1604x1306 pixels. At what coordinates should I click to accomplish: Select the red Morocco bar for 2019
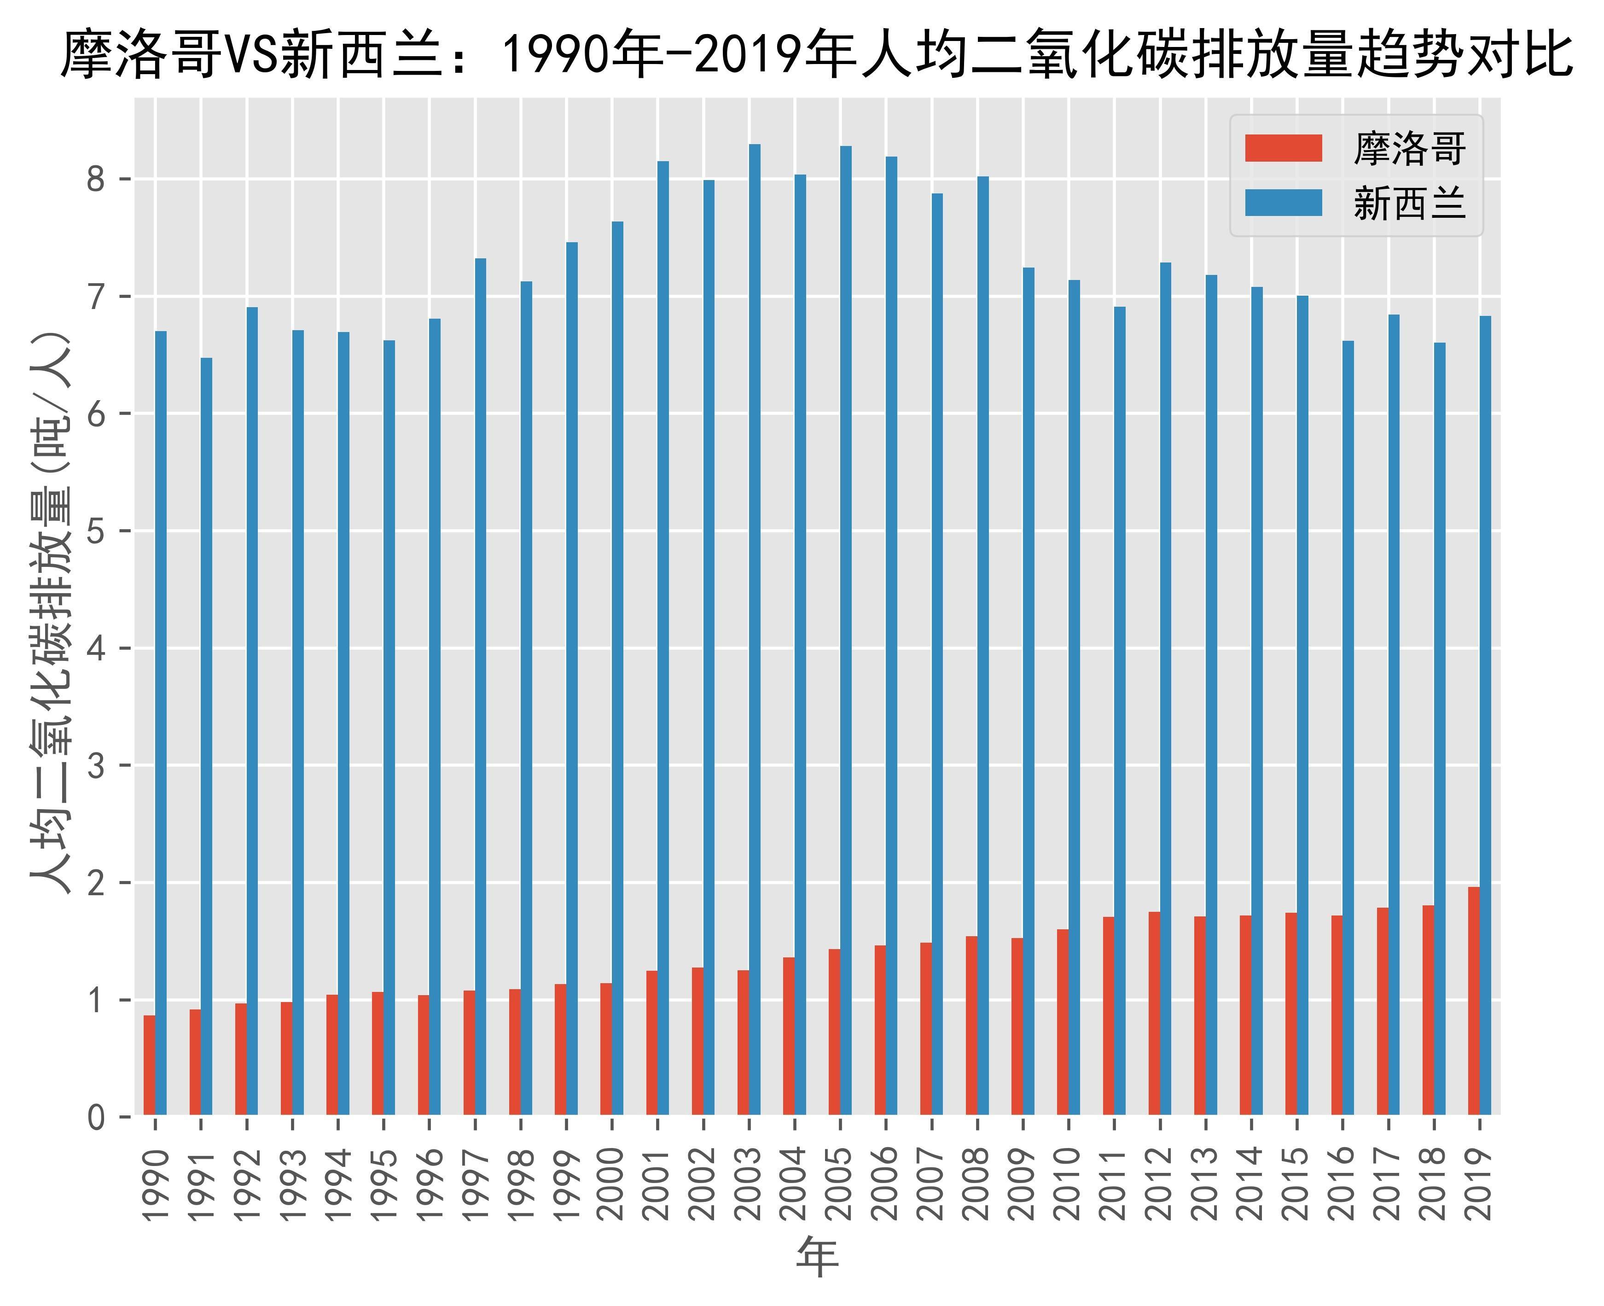[1473, 1001]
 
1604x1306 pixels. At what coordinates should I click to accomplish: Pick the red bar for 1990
[149, 1065]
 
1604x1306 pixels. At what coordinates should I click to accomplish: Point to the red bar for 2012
[1154, 1014]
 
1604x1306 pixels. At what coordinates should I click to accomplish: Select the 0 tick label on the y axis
[96, 1118]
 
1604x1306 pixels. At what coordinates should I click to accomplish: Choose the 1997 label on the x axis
[475, 1184]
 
